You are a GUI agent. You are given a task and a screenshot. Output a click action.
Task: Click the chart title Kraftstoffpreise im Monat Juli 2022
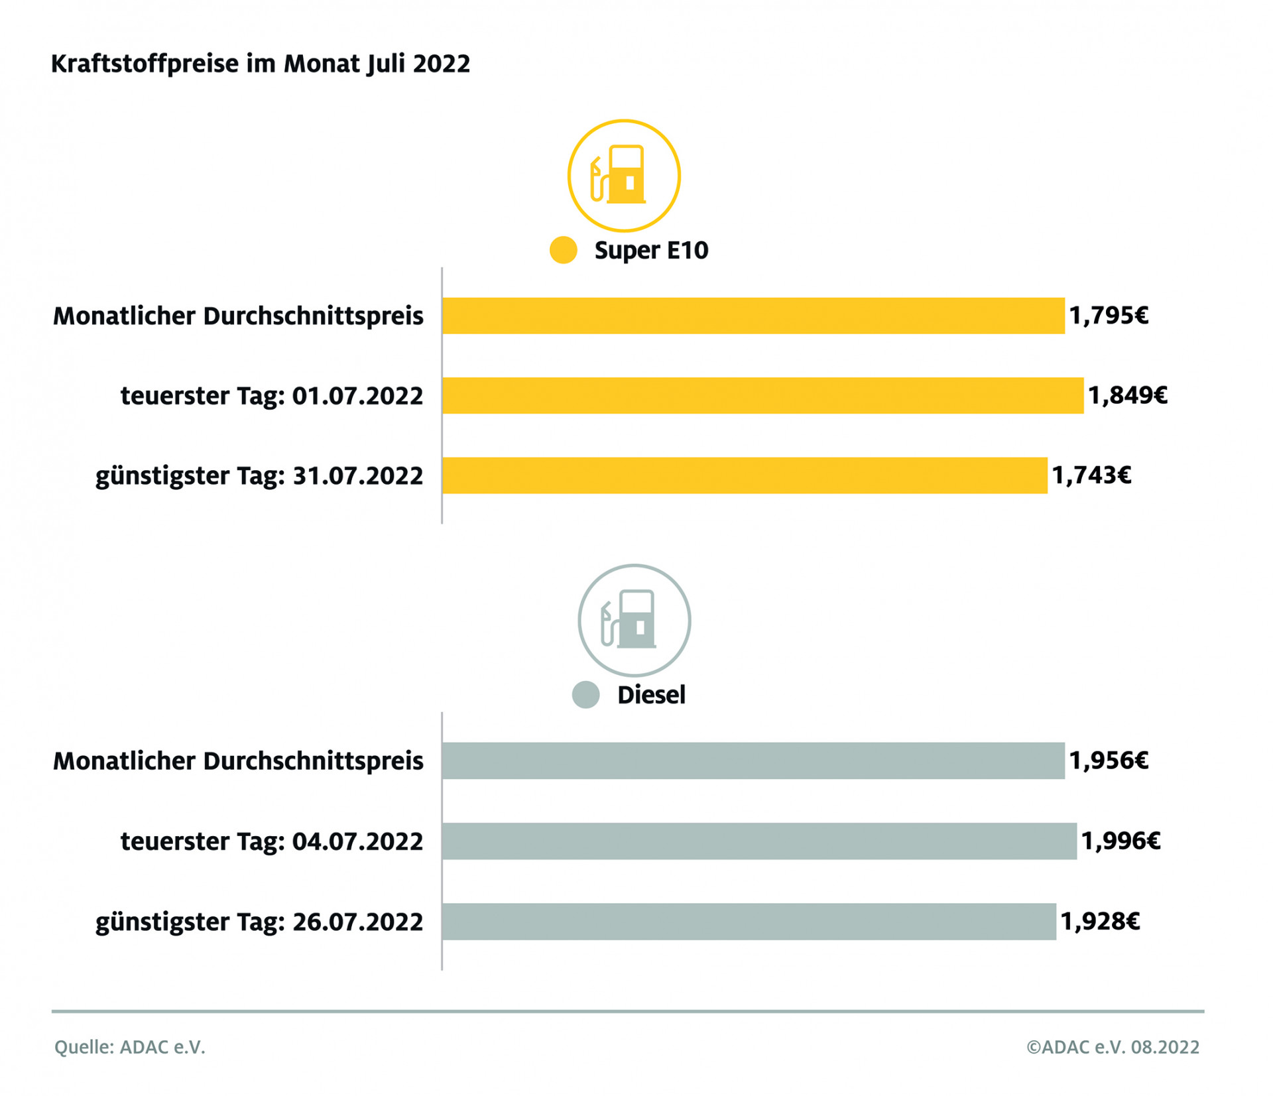click(x=261, y=64)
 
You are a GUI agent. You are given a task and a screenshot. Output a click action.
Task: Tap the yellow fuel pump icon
click(x=623, y=176)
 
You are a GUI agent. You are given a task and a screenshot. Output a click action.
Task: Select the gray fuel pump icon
click(x=634, y=621)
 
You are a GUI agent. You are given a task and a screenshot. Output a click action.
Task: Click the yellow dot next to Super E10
click(x=563, y=250)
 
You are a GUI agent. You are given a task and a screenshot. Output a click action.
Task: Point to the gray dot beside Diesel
click(x=585, y=695)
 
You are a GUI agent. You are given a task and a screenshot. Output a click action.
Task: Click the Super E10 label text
click(x=651, y=250)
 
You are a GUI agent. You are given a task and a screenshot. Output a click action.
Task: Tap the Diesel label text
click(x=651, y=695)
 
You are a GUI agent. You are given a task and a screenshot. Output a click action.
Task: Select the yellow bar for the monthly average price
click(x=753, y=316)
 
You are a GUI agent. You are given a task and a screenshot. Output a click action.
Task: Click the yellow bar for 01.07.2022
click(x=762, y=395)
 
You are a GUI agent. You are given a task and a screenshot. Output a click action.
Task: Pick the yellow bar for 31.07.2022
click(x=744, y=475)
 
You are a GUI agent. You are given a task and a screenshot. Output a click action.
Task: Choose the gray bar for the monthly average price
click(x=753, y=761)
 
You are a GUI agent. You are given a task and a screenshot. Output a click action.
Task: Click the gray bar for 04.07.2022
click(x=759, y=841)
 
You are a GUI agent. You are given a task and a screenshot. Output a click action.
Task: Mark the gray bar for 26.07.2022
click(x=749, y=921)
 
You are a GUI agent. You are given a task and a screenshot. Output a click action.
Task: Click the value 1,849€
click(x=1127, y=395)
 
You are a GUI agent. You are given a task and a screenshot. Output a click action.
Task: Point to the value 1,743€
click(x=1091, y=475)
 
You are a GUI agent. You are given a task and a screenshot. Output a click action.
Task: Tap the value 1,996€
click(x=1121, y=841)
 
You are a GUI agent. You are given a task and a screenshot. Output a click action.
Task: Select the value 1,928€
click(x=1100, y=921)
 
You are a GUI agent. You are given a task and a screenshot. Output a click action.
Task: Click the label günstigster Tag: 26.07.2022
click(x=259, y=922)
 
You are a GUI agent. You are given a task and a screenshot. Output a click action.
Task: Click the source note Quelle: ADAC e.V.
click(x=130, y=1047)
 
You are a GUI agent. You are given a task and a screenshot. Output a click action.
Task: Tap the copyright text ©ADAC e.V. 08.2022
click(x=1113, y=1047)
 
